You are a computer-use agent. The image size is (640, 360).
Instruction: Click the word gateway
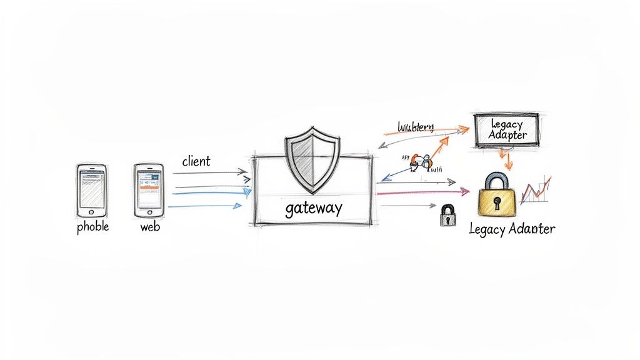click(313, 208)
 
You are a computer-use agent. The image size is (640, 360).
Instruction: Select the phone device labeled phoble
click(92, 191)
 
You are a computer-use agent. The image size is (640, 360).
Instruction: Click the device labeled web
click(148, 190)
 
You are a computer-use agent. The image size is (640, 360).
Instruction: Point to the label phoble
click(92, 226)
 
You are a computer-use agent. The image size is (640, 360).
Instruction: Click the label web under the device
click(150, 226)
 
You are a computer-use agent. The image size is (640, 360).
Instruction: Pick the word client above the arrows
click(196, 161)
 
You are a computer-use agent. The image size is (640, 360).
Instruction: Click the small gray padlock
click(447, 216)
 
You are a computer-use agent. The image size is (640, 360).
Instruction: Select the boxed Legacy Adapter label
click(506, 129)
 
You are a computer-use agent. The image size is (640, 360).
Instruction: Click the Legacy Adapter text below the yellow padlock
click(511, 229)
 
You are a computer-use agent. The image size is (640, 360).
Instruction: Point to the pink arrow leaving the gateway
click(425, 192)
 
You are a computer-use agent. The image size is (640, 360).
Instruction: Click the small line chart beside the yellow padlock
click(536, 188)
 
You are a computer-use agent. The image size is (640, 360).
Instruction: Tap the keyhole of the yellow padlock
click(497, 203)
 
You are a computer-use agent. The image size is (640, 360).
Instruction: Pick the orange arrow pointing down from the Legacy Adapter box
click(507, 159)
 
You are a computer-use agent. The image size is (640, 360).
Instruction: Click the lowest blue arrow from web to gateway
click(206, 206)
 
